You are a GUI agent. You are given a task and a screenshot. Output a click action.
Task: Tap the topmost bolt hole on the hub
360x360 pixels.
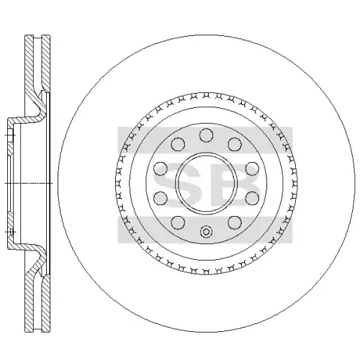(x=207, y=135)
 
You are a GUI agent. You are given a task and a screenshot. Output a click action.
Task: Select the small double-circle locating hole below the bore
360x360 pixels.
(x=206, y=232)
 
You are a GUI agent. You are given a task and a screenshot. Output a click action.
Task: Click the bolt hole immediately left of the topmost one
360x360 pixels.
(x=178, y=145)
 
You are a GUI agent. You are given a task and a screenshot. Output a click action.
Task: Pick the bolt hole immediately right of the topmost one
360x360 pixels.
(x=235, y=145)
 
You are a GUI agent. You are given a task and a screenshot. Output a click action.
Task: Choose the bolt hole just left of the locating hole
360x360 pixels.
(x=178, y=222)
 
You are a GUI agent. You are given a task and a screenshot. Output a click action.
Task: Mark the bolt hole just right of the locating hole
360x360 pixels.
(x=235, y=222)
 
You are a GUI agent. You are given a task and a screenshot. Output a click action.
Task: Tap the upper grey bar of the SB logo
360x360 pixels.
(x=204, y=140)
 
